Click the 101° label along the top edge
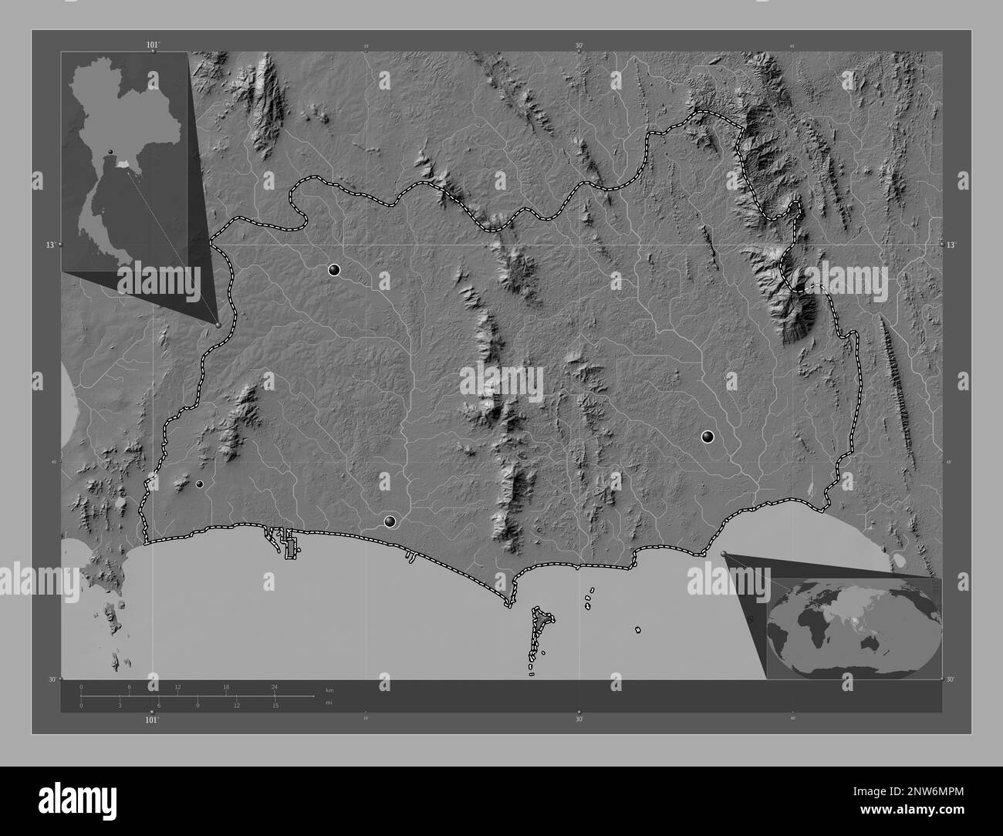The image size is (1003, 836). tap(153, 45)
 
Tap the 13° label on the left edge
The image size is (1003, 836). tap(50, 244)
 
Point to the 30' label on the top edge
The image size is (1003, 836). tap(579, 45)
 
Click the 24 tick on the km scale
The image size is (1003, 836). tap(274, 686)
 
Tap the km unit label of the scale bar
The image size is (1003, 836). tap(329, 689)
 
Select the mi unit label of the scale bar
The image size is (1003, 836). tap(329, 703)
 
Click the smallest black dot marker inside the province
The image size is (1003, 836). tap(199, 484)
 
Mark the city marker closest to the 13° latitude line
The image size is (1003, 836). tap(334, 270)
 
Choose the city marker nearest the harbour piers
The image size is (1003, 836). tap(390, 522)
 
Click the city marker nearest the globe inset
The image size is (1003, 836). tap(708, 437)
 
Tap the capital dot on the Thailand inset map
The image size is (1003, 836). tap(111, 151)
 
